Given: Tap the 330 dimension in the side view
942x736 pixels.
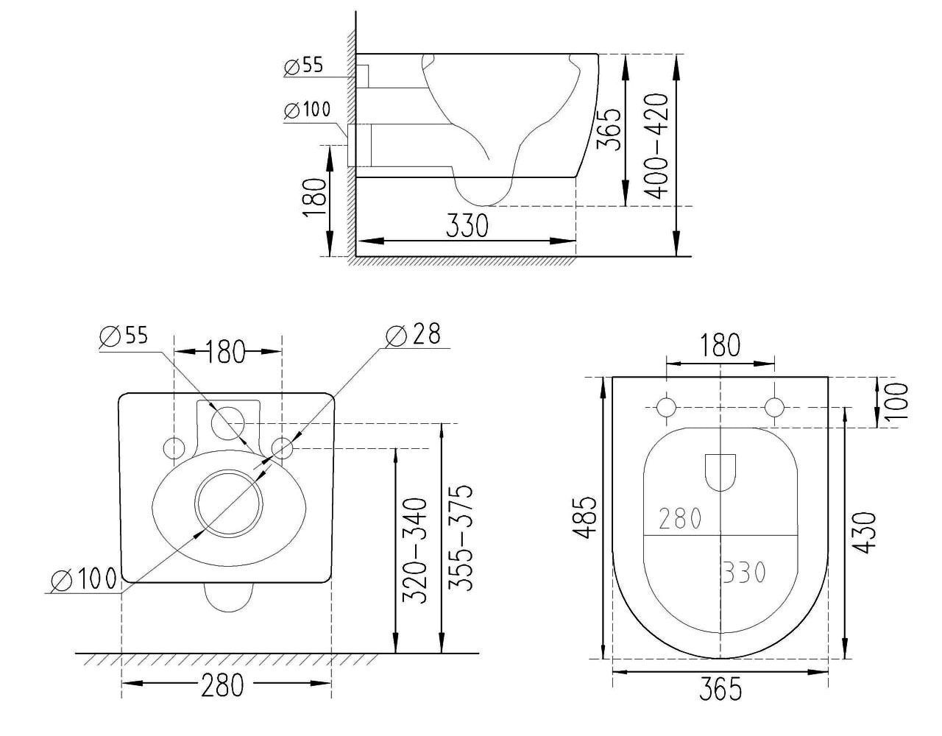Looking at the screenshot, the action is [467, 225].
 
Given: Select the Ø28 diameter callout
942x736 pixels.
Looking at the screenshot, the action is [413, 335].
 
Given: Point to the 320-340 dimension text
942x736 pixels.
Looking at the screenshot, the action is [415, 550].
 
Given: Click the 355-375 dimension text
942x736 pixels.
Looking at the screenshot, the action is [460, 538].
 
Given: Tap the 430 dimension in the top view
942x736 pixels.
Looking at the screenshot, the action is [864, 533].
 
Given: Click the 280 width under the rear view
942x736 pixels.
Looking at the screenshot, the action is [222, 685].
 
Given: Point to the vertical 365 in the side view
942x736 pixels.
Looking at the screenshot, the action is [609, 130].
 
